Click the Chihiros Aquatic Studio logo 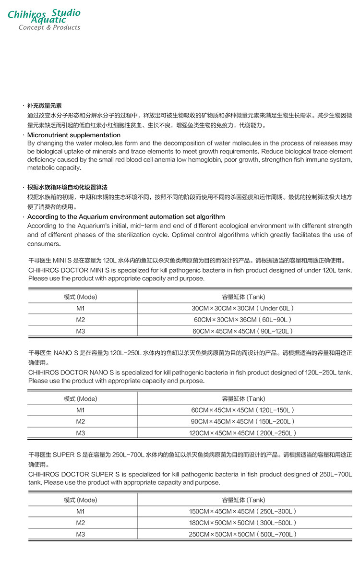pos(44,16)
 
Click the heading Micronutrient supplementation pos(74,135)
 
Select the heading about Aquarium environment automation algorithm pos(126,217)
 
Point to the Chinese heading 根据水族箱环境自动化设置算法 pos(67,187)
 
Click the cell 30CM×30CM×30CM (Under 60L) pos(243,308)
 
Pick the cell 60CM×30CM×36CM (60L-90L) pos(243,320)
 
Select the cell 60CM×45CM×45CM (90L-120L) pos(243,331)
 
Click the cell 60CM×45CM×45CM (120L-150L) pos(243,410)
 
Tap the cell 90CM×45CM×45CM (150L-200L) pos(243,422)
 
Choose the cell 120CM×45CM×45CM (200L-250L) pos(243,433)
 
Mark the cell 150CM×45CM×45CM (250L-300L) pos(243,512)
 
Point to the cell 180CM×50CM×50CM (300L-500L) pos(243,523)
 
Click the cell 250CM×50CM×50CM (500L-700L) pos(243,535)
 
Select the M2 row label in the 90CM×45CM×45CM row pos(81,422)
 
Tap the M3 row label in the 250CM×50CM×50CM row pos(81,535)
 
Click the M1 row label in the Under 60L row pos(81,308)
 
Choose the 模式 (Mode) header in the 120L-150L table pos(81,399)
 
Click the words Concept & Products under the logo pos(49,28)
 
